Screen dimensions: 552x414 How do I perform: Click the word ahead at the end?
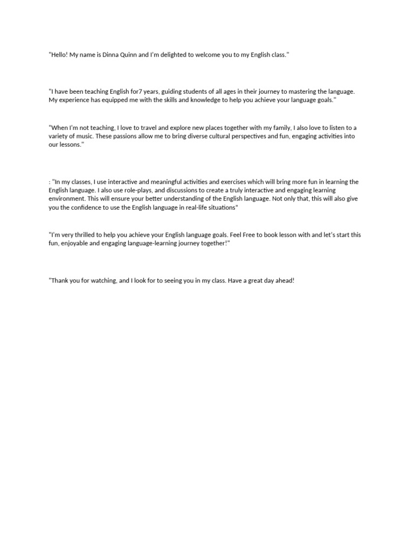pos(284,281)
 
